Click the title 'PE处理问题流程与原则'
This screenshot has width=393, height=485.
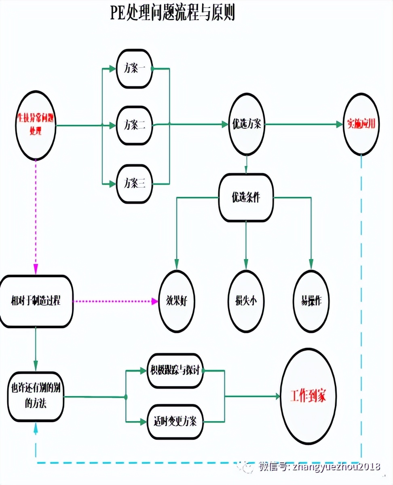pos(173,13)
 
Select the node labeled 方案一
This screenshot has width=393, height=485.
pos(135,69)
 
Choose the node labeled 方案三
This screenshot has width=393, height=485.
pos(135,183)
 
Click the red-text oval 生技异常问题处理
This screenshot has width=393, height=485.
pos(36,125)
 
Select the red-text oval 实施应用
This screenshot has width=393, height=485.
pos(361,124)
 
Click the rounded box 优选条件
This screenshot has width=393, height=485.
pos(246,198)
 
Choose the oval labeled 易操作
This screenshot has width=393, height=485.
pos(311,301)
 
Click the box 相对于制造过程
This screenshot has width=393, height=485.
pos(36,301)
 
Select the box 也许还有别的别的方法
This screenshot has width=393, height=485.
pos(36,396)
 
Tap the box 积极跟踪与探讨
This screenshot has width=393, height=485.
pos(175,370)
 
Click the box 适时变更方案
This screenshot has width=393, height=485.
pos(175,421)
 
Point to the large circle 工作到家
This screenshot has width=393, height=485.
pos(308,396)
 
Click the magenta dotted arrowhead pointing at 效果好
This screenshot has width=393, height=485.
pos(155,301)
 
